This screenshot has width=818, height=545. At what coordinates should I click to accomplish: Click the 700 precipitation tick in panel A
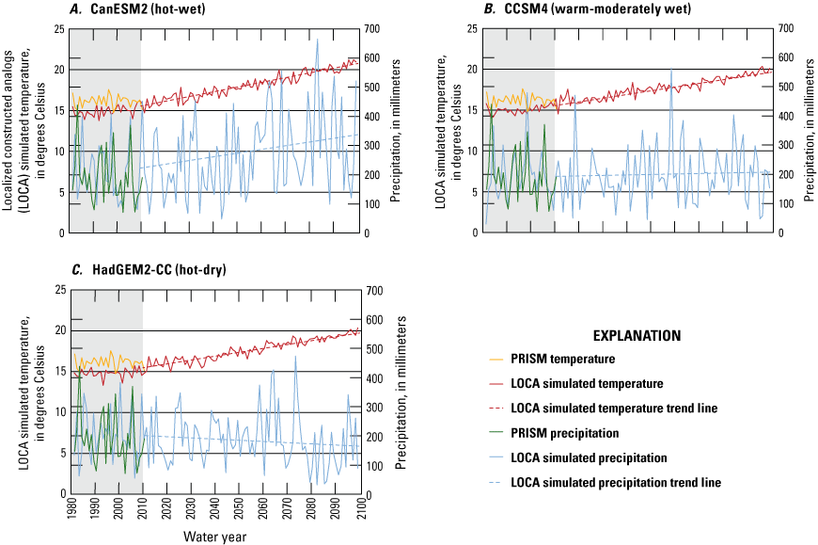[372, 29]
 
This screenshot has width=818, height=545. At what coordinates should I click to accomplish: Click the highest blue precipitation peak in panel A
[317, 40]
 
